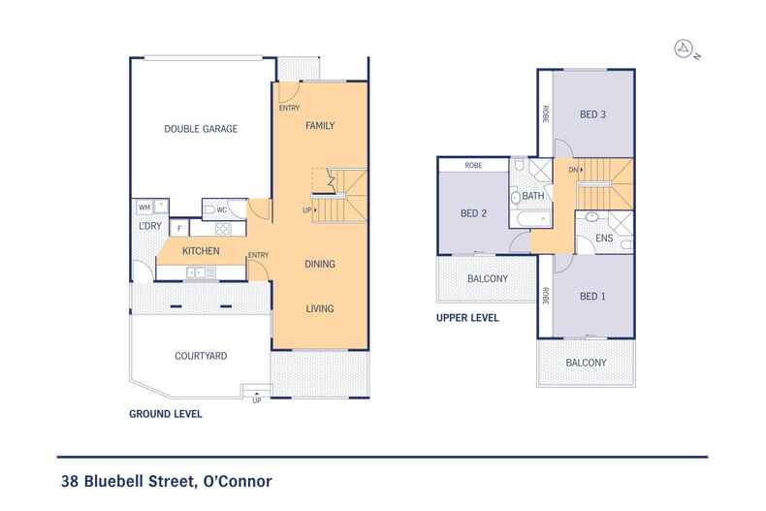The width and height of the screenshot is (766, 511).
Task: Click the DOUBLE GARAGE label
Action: tap(201, 129)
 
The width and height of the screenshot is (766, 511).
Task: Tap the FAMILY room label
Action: tap(320, 127)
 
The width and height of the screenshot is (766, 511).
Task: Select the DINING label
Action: tap(320, 263)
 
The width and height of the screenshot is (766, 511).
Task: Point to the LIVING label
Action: tap(320, 308)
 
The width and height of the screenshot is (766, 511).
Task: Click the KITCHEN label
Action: tap(202, 252)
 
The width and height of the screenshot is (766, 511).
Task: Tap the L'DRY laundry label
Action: tap(149, 227)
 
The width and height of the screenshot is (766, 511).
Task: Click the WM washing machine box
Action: tap(144, 207)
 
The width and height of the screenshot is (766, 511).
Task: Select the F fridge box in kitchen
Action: tap(178, 229)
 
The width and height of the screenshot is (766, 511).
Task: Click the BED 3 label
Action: tap(592, 114)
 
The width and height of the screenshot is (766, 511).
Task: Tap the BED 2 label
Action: tap(472, 213)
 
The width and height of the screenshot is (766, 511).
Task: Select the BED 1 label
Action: tap(592, 296)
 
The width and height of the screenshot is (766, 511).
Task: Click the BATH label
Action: tap(532, 196)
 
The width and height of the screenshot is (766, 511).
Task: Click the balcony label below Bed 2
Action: tap(487, 279)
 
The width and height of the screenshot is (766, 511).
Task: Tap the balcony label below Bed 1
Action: tap(587, 363)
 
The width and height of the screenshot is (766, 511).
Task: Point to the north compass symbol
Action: tap(685, 48)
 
